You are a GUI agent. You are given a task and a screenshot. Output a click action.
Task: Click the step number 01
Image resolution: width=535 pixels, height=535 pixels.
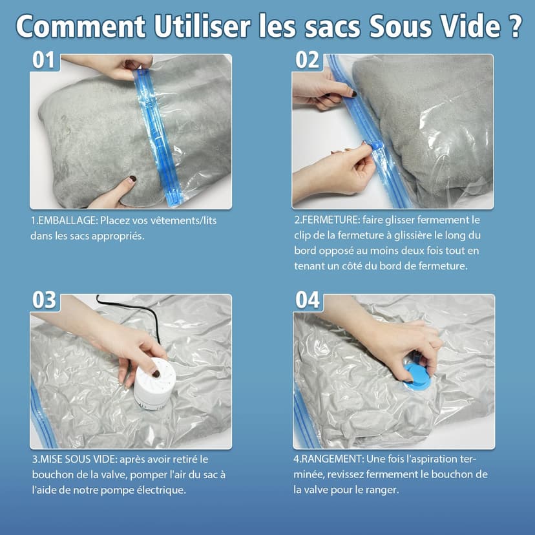tap(43, 60)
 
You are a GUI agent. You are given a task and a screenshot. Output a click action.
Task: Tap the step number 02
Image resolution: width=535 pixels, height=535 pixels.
tap(308, 60)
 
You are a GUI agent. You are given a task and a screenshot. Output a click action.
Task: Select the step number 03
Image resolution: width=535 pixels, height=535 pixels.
tap(44, 300)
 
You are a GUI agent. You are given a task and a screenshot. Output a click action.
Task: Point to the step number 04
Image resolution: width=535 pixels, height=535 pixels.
tap(308, 300)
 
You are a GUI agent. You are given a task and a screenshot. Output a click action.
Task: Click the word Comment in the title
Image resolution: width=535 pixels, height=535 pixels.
tap(81, 26)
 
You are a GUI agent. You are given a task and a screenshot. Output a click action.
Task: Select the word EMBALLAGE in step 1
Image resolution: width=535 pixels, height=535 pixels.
tap(68, 220)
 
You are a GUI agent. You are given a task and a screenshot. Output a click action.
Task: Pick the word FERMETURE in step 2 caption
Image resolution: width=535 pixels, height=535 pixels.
tap(330, 220)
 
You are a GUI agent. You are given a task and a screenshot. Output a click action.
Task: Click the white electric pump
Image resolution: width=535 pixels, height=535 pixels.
tap(154, 383)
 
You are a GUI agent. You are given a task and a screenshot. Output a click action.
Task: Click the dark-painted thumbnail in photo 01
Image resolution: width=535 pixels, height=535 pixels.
tap(132, 179)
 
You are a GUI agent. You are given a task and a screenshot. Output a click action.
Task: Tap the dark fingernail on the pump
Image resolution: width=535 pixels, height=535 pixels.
tap(156, 373)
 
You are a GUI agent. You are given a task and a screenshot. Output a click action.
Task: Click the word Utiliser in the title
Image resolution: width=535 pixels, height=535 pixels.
tap(202, 26)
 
